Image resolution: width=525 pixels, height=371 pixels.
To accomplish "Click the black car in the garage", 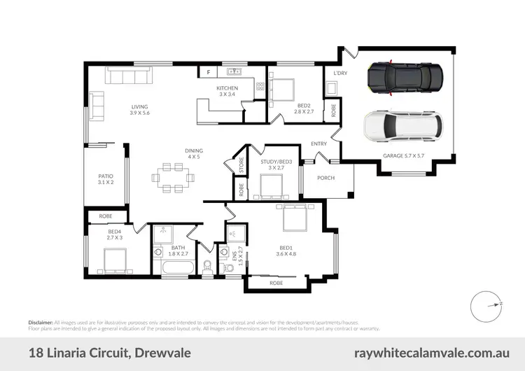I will pos(405,78).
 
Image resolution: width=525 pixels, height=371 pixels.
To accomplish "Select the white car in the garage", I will pos(403,126).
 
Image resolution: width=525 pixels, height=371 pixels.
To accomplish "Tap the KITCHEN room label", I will pos(227,88).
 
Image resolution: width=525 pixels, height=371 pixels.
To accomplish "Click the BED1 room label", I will pos(286,247).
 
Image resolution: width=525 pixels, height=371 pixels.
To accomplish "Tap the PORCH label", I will pos(326,178).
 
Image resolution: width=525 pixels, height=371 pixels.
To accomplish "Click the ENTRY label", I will pos(319,144).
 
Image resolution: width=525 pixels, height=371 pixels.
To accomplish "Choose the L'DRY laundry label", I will pos(340,73).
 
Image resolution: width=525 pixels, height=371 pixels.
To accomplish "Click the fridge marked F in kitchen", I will pos(208,72).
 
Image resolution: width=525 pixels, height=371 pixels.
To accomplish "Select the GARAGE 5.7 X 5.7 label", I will pos(404,155).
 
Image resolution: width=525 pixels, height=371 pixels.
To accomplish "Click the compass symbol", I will pos(484,304).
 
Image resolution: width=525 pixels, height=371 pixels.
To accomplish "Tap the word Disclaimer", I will pos(41,321).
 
